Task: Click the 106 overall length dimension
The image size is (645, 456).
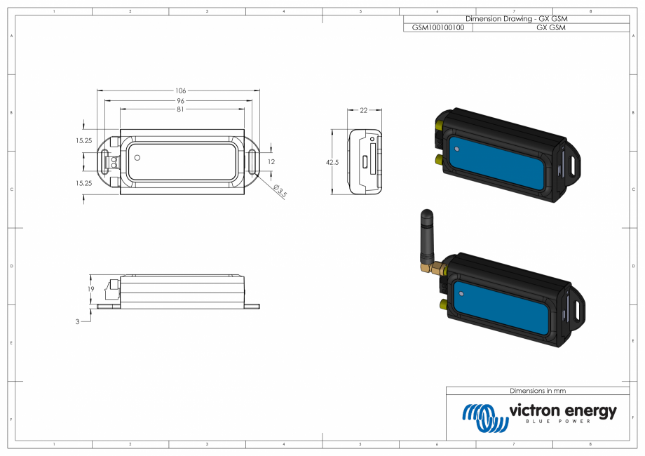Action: pyautogui.click(x=181, y=90)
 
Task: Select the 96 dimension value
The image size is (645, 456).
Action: pyautogui.click(x=181, y=100)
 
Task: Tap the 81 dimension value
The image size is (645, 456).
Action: pyautogui.click(x=181, y=109)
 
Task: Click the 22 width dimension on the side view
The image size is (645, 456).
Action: pyautogui.click(x=364, y=110)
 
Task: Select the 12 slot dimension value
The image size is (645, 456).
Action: pyautogui.click(x=272, y=162)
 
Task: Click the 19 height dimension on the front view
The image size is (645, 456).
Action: pyautogui.click(x=90, y=289)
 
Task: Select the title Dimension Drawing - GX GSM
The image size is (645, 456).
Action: pyautogui.click(x=515, y=19)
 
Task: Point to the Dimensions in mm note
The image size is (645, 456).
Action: pyautogui.click(x=537, y=391)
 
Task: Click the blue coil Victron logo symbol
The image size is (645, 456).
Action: pyautogui.click(x=484, y=417)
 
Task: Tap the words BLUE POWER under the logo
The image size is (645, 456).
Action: pyautogui.click(x=563, y=422)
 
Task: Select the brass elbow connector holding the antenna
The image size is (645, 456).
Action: pyautogui.click(x=429, y=267)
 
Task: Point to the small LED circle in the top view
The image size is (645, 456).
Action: pyautogui.click(x=138, y=158)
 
